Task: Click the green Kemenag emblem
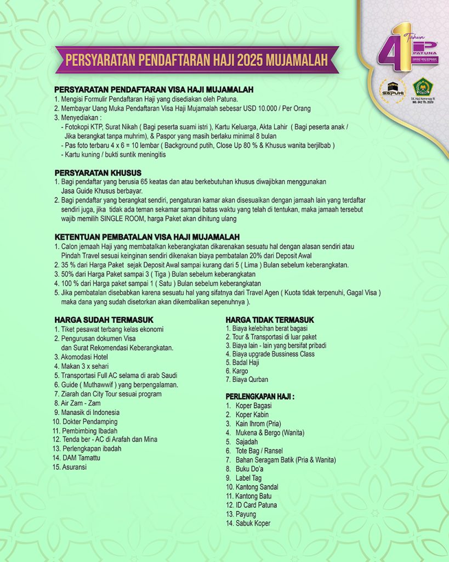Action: coord(423,87)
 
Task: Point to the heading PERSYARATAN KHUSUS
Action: coord(98,172)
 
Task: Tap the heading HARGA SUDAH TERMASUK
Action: coord(104,319)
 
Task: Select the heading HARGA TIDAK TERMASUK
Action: coord(270,319)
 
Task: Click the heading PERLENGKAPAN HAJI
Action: coord(260,396)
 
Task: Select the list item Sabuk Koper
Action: coord(253,523)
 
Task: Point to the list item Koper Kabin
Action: coord(252,415)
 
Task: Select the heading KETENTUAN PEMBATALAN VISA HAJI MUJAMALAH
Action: coord(147,237)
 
